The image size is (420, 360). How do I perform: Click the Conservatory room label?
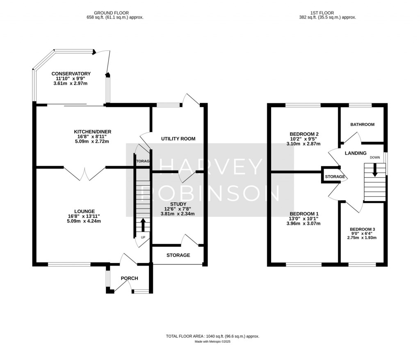(71, 74)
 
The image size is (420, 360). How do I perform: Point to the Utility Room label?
(178, 139)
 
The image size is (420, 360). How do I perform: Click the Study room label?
(178, 204)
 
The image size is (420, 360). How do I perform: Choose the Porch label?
(129, 278)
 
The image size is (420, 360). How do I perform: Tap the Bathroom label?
(362, 124)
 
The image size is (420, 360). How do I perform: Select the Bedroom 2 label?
(304, 134)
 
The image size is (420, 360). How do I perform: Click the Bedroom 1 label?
(304, 214)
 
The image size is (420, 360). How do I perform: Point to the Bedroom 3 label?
(362, 229)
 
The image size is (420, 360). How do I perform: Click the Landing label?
(356, 153)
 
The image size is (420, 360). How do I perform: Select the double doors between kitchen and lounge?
(85, 174)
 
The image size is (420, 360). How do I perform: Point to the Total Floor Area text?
(212, 336)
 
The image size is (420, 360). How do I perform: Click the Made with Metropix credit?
(212, 342)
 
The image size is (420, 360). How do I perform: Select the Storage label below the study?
(178, 255)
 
